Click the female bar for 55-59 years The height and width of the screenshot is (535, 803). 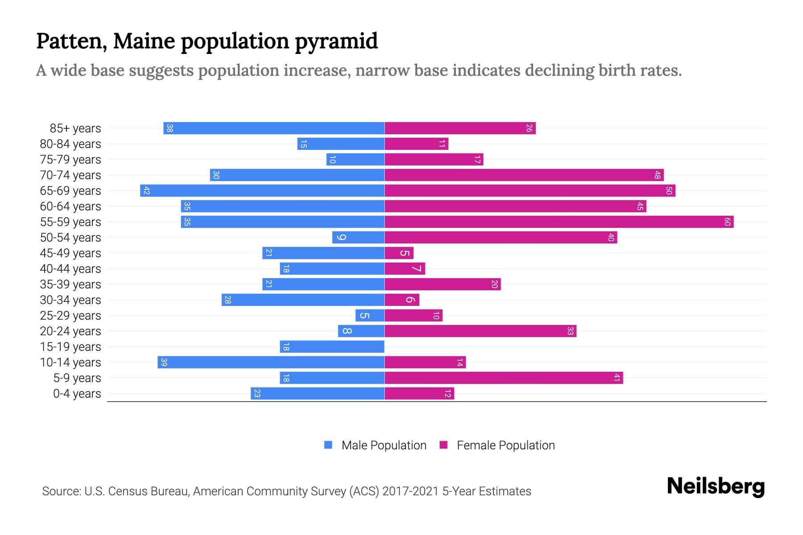click(559, 222)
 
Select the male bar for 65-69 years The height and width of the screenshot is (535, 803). click(262, 190)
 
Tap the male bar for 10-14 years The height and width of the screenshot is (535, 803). click(271, 362)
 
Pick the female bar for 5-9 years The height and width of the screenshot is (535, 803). click(503, 378)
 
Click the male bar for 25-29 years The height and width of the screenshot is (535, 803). click(370, 315)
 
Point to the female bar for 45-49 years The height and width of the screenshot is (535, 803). click(399, 253)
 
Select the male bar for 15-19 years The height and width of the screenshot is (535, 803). click(332, 346)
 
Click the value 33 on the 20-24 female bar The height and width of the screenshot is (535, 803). click(570, 331)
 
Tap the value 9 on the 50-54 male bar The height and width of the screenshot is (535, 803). click(341, 237)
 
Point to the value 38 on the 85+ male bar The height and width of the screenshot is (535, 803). click(170, 128)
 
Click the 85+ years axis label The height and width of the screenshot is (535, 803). click(75, 128)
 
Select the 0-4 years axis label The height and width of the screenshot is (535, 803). click(77, 394)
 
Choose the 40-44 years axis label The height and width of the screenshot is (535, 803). click(70, 269)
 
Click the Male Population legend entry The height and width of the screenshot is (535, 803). click(384, 445)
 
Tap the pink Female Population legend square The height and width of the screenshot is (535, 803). click(443, 445)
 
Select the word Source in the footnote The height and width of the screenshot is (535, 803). click(61, 491)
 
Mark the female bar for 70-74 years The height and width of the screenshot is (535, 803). click(524, 175)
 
